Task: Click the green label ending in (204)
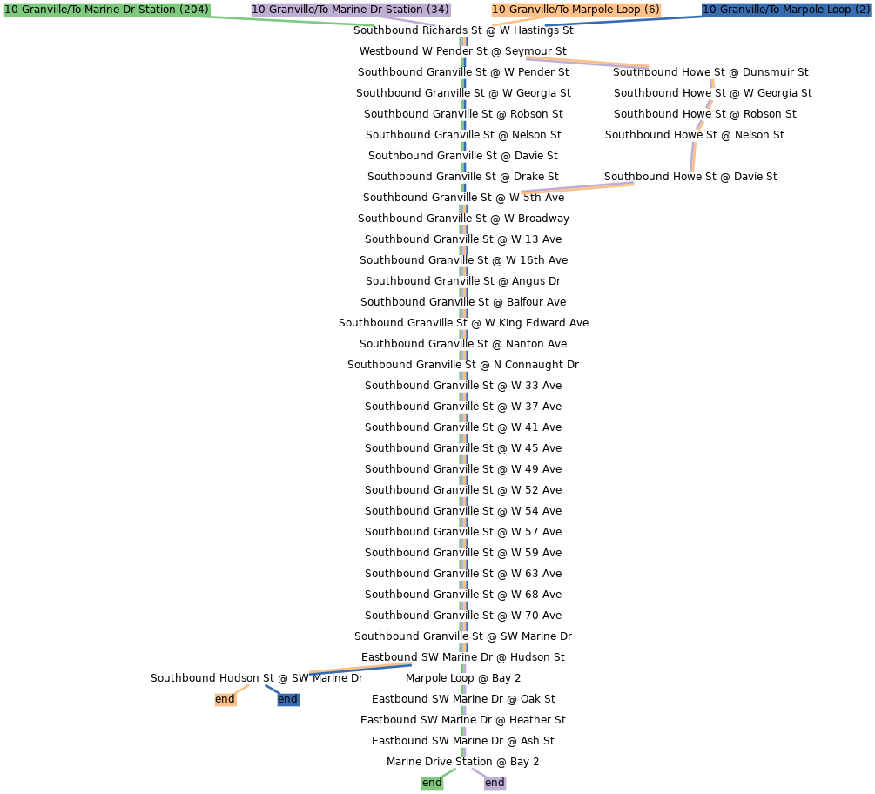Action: pyautogui.click(x=106, y=10)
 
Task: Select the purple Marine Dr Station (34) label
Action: pyautogui.click(x=350, y=10)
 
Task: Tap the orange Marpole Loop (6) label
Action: pyautogui.click(x=575, y=10)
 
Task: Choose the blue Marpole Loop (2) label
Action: pyautogui.click(x=786, y=10)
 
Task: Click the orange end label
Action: pyautogui.click(x=225, y=699)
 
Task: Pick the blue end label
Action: pyautogui.click(x=287, y=699)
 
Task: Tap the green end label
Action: pyautogui.click(x=432, y=783)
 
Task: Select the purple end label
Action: pyautogui.click(x=495, y=783)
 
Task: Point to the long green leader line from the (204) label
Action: pyautogui.click(x=287, y=20)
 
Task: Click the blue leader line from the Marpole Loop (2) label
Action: pyautogui.click(x=627, y=20)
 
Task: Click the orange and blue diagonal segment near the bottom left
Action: pyautogui.click(x=360, y=668)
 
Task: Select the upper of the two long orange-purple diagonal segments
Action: pyautogui.click(x=587, y=62)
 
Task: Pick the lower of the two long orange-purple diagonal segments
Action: pyautogui.click(x=577, y=188)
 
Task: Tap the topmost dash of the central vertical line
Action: pyautogui.click(x=463, y=42)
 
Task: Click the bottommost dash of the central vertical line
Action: pyautogui.click(x=463, y=752)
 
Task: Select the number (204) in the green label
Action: pyautogui.click(x=193, y=10)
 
